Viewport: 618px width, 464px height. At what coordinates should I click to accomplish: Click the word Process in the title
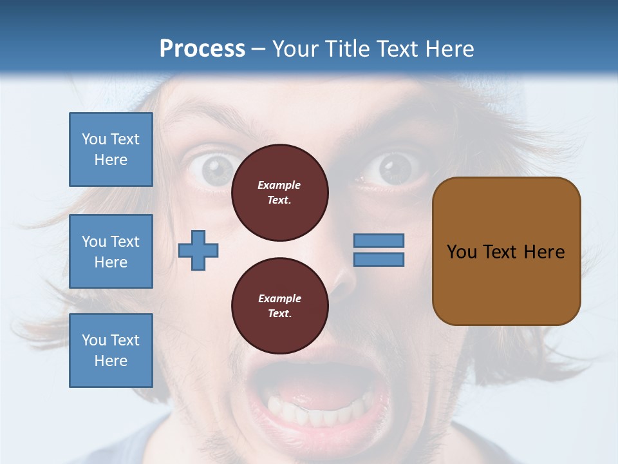click(x=202, y=49)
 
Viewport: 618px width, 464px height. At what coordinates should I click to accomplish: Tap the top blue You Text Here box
click(x=111, y=150)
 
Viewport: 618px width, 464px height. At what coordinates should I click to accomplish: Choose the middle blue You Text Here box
click(x=111, y=251)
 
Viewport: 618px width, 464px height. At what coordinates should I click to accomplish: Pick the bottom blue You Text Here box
click(x=111, y=350)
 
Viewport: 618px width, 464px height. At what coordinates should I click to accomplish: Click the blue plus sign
click(x=198, y=251)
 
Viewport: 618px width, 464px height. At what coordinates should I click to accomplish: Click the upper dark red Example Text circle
click(x=279, y=192)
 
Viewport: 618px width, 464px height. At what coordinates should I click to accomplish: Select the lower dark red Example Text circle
click(x=279, y=305)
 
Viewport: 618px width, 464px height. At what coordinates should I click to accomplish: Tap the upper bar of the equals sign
click(x=379, y=240)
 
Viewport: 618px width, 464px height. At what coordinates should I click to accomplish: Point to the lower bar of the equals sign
click(x=379, y=259)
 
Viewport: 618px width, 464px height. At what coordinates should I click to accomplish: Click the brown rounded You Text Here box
click(x=506, y=251)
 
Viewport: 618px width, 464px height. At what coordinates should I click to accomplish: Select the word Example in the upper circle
click(x=279, y=185)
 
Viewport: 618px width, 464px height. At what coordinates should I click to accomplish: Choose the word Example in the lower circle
click(x=279, y=298)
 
